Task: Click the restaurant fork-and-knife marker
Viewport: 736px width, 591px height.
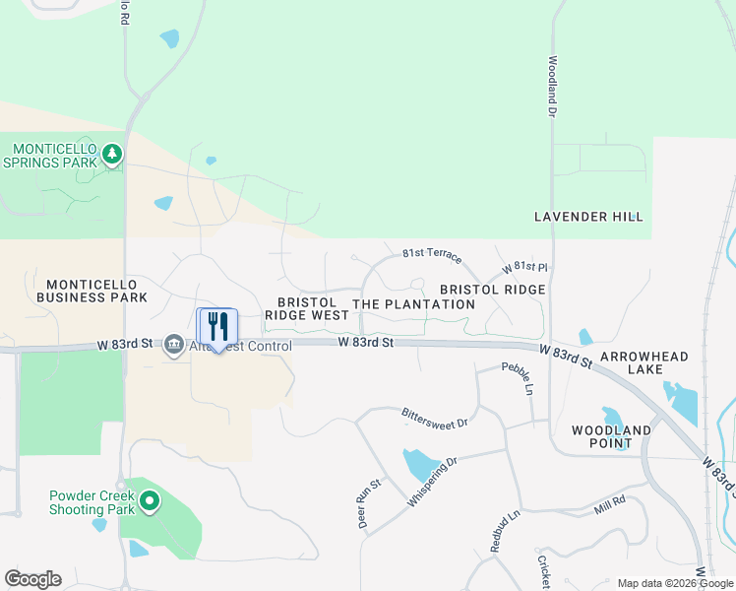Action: [217, 327]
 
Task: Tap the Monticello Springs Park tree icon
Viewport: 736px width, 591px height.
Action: [113, 154]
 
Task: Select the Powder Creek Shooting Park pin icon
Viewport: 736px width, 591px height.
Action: [150, 502]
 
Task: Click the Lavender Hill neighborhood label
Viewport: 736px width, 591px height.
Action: [587, 217]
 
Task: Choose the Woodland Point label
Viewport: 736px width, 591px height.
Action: [611, 436]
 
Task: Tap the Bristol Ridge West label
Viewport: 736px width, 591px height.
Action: [306, 309]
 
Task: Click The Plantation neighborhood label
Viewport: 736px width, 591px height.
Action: [413, 304]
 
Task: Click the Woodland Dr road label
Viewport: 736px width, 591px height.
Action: [552, 87]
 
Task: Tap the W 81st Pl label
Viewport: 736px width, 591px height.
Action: [523, 268]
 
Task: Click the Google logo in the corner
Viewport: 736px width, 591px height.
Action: [32, 579]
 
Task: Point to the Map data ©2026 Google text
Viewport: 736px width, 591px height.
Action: [675, 583]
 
